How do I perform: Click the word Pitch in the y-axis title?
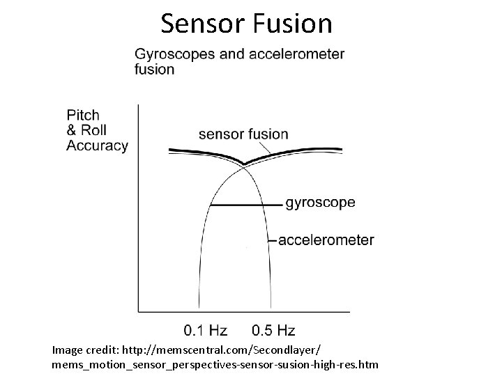click(83, 115)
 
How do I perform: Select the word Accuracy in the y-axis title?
click(97, 146)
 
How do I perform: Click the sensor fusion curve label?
click(243, 134)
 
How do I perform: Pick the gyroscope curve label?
click(320, 203)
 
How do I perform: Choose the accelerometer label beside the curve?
click(326, 240)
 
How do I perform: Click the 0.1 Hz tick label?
click(204, 329)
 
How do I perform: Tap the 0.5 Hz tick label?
click(273, 329)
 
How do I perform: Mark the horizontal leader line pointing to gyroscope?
click(245, 205)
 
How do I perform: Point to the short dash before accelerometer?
click(273, 241)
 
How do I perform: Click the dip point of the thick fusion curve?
click(243, 164)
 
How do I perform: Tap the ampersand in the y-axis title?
click(72, 130)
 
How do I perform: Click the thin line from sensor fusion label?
click(264, 149)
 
